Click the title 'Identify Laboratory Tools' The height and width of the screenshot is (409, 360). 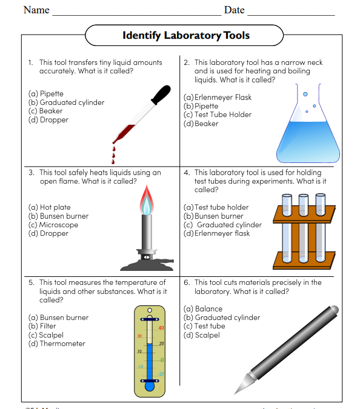point(185,35)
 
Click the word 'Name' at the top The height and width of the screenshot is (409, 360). point(36,10)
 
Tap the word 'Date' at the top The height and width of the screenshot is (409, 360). point(234,10)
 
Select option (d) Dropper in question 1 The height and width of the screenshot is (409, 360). point(48,120)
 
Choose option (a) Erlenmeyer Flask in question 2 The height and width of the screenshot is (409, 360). point(217,97)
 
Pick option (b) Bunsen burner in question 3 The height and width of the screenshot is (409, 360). point(58,216)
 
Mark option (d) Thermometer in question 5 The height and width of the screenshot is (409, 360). point(57,344)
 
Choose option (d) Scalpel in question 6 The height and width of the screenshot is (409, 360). point(201,335)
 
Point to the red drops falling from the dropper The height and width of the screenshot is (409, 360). point(113,155)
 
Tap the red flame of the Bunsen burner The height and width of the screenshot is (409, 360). point(146,198)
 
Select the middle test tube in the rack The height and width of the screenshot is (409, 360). point(303,230)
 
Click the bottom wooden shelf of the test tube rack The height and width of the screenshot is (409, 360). point(304,259)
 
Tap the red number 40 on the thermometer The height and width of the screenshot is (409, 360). point(161,328)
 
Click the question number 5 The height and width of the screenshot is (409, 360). point(31,282)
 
